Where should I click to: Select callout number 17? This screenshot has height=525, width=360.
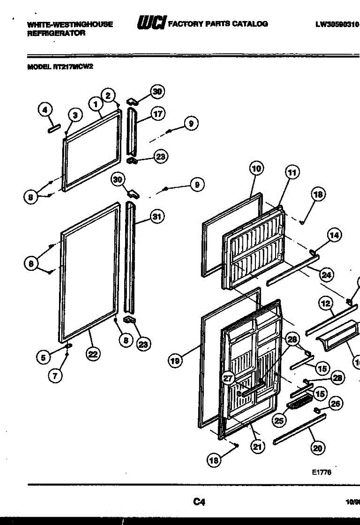[x=157, y=114]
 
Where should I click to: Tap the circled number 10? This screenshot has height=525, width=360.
[x=256, y=168]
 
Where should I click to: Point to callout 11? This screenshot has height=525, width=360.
[x=292, y=172]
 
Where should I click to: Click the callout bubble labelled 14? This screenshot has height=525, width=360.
[x=335, y=235]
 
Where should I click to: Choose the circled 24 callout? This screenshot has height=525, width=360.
[x=326, y=275]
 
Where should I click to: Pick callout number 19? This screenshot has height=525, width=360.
[x=175, y=361]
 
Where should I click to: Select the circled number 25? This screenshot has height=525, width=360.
[x=279, y=421]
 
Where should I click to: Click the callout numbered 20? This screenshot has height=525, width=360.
[x=318, y=447]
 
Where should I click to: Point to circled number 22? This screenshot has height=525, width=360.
[x=92, y=354]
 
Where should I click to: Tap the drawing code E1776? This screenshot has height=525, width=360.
[x=322, y=472]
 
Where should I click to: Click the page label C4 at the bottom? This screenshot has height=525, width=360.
[x=199, y=502]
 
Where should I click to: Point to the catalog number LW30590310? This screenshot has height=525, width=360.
[x=337, y=24]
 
